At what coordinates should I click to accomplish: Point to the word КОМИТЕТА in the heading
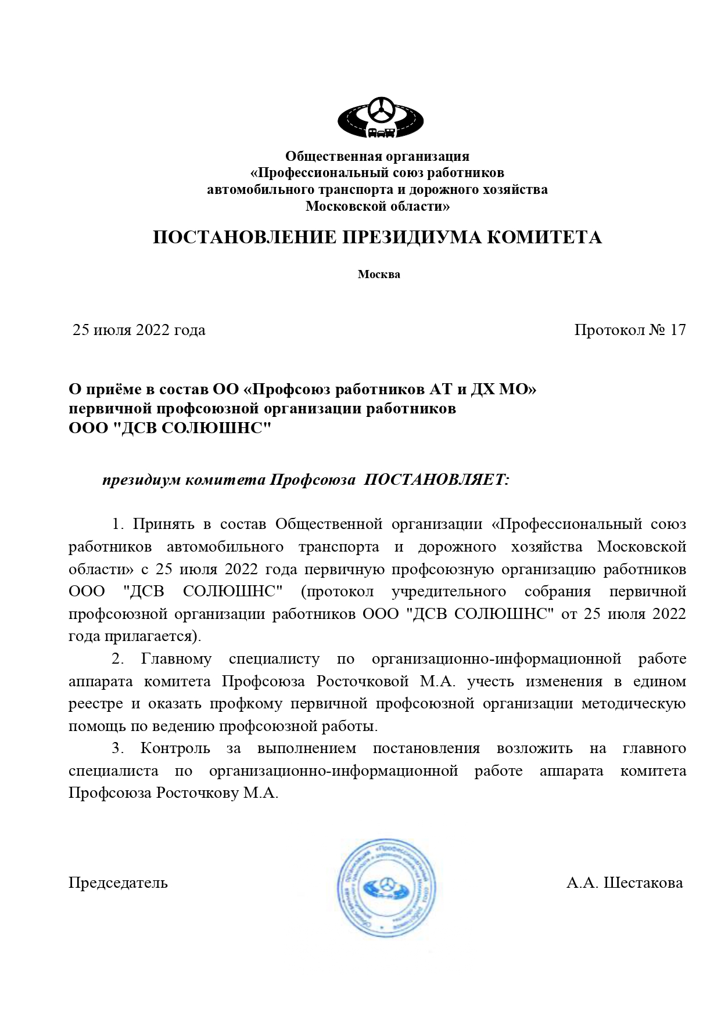click(544, 237)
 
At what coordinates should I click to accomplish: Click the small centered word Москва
click(379, 275)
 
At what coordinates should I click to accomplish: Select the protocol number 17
click(677, 330)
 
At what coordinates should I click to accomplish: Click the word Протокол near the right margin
click(609, 330)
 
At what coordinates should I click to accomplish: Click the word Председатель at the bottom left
click(118, 883)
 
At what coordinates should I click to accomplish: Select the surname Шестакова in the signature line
click(643, 883)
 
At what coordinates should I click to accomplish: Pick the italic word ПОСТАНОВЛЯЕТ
click(436, 480)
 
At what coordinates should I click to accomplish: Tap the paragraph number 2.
click(117, 659)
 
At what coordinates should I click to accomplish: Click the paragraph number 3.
click(117, 748)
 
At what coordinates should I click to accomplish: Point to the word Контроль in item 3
click(175, 748)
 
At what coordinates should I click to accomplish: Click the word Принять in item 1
click(163, 524)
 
